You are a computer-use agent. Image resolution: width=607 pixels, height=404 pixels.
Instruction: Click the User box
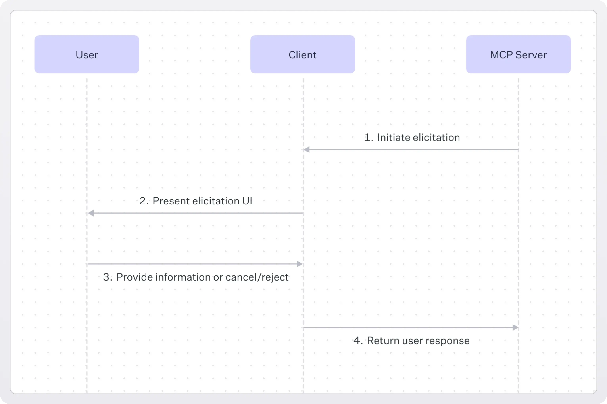[87, 54]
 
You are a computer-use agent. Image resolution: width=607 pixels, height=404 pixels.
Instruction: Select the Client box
[302, 54]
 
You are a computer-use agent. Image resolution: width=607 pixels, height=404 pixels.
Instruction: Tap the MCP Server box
[518, 54]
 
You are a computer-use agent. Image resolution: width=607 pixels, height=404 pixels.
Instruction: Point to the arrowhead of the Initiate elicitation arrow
[306, 149]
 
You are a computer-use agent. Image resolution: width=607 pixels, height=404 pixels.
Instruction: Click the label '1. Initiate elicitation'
[412, 137]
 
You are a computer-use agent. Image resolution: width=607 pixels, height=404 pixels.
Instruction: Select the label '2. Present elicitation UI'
[196, 201]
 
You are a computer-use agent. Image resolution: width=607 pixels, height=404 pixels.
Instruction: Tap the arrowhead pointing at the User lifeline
[91, 213]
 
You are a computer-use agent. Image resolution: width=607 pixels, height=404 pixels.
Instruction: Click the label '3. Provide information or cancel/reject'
[196, 277]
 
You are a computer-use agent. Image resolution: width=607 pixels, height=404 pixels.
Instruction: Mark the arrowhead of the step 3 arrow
[300, 264]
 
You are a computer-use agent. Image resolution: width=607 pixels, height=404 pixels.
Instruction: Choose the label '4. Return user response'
[412, 340]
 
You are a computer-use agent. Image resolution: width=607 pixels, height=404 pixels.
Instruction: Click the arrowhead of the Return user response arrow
[515, 327]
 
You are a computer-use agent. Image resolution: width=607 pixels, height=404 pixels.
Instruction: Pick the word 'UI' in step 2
[247, 201]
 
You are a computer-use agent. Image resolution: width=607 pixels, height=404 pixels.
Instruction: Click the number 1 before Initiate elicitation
[367, 137]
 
